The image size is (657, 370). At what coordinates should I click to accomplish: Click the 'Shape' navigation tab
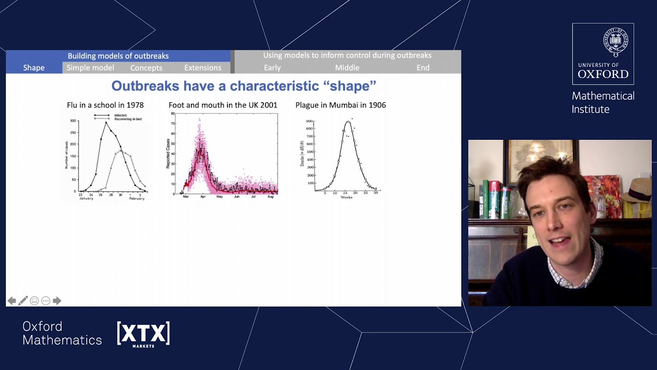pyautogui.click(x=34, y=68)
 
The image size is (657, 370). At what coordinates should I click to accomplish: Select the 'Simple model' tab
pyautogui.click(x=90, y=68)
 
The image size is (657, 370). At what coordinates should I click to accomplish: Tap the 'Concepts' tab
pyautogui.click(x=146, y=68)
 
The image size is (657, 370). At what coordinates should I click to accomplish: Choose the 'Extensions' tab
pyautogui.click(x=203, y=68)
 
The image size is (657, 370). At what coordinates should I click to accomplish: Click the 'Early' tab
pyautogui.click(x=272, y=68)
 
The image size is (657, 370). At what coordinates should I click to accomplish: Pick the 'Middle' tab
pyautogui.click(x=347, y=68)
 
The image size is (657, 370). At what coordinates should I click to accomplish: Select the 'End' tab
pyautogui.click(x=423, y=68)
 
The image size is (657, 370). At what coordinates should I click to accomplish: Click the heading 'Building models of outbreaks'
pyautogui.click(x=118, y=55)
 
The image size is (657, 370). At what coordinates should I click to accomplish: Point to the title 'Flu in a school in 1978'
pyautogui.click(x=105, y=105)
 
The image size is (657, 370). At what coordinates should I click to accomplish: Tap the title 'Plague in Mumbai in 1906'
pyautogui.click(x=340, y=105)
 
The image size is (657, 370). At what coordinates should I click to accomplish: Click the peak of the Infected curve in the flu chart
pyautogui.click(x=106, y=122)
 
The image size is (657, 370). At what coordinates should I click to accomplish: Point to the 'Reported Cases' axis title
pyautogui.click(x=168, y=153)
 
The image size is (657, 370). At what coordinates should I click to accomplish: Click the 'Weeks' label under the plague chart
pyautogui.click(x=346, y=197)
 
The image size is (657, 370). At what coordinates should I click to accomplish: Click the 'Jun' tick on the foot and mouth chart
pyautogui.click(x=237, y=196)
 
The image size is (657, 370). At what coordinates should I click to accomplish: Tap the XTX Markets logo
pyautogui.click(x=143, y=334)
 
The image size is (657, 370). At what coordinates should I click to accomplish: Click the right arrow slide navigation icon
pyautogui.click(x=57, y=301)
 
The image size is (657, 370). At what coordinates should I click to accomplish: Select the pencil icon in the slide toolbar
pyautogui.click(x=23, y=301)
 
